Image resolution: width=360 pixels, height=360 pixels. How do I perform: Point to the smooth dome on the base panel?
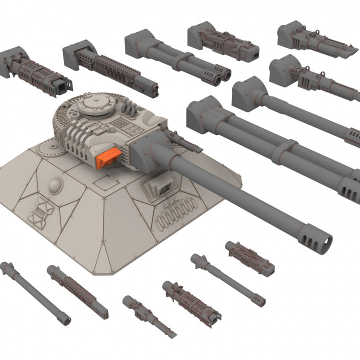point(56,186)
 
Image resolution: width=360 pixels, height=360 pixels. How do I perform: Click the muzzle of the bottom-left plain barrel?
point(63,319)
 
